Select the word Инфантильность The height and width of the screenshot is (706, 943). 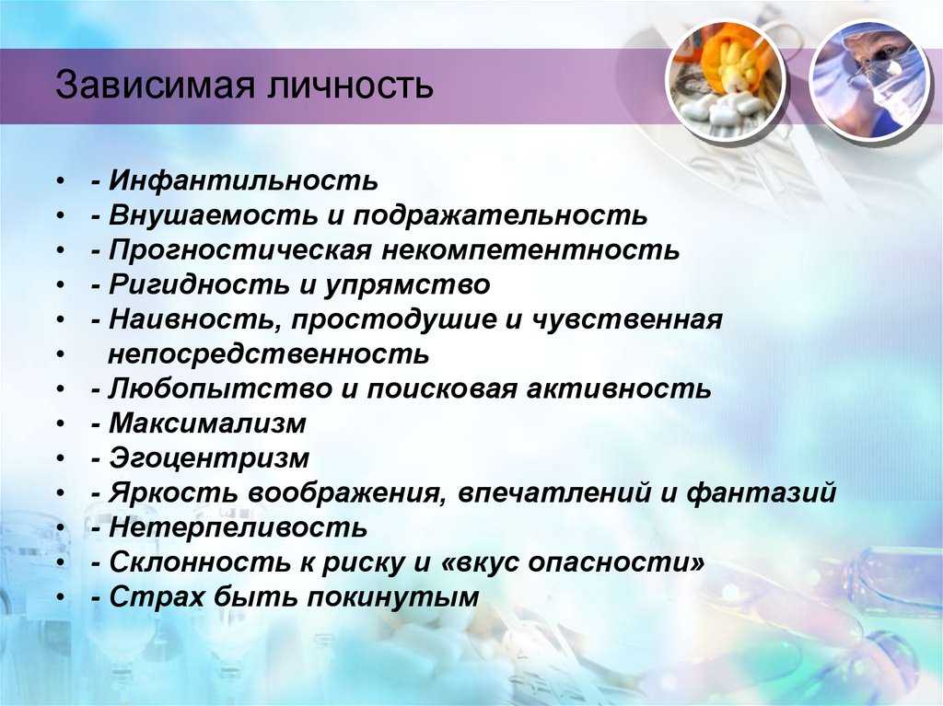click(243, 180)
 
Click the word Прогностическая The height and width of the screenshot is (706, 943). click(240, 250)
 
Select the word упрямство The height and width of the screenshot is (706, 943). click(408, 285)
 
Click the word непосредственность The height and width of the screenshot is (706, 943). click(268, 355)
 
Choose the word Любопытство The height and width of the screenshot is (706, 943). click(220, 389)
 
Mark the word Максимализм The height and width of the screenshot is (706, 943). click(207, 424)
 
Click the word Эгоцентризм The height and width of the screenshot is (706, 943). click(209, 458)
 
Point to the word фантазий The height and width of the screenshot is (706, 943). click(762, 493)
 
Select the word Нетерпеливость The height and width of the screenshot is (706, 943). click(239, 528)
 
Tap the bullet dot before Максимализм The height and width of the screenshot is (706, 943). click(59, 425)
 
